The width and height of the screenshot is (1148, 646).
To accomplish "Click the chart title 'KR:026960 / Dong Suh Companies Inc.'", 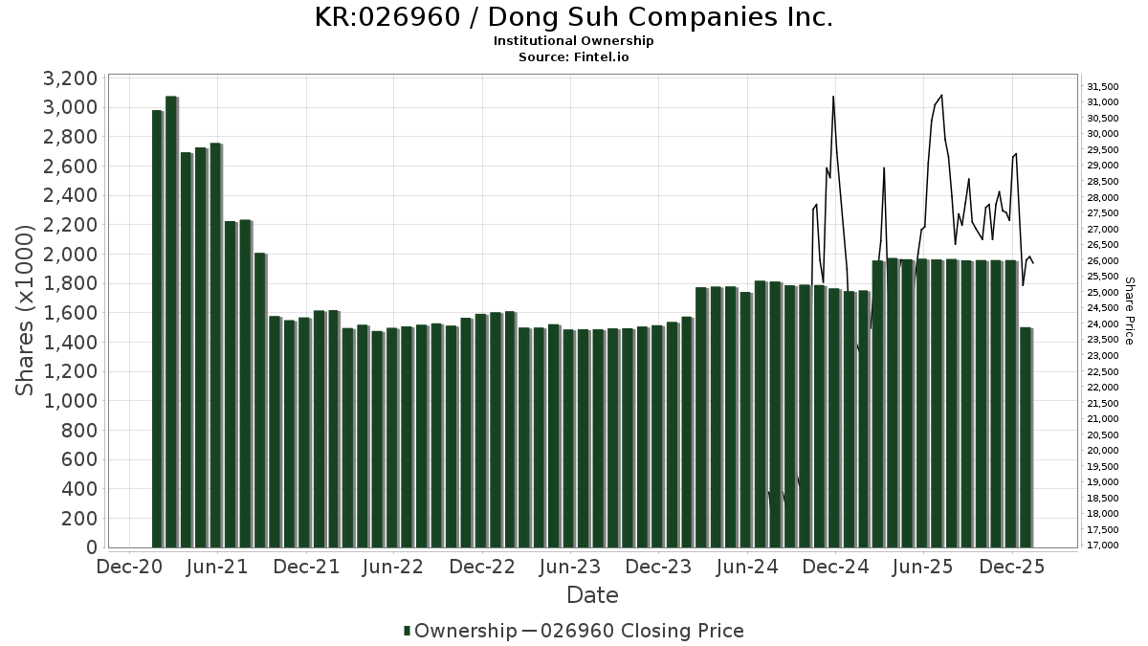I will pyautogui.click(x=573, y=17).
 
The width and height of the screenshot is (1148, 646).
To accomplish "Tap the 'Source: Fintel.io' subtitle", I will pyautogui.click(x=573, y=57).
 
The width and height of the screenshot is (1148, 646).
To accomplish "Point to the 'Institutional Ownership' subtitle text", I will pyautogui.click(x=573, y=41).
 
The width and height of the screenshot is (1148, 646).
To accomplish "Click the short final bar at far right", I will pyautogui.click(x=1026, y=436).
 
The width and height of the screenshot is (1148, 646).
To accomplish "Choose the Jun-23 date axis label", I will pyautogui.click(x=571, y=568).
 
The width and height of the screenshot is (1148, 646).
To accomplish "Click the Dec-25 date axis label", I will pyautogui.click(x=1012, y=568).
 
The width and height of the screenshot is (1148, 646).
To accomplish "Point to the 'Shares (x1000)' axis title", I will pyautogui.click(x=26, y=311).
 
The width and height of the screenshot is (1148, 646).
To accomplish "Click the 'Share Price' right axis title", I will pyautogui.click(x=1129, y=311).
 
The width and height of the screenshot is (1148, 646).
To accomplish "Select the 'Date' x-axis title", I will pyautogui.click(x=592, y=595).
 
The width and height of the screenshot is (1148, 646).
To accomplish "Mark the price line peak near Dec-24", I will pyautogui.click(x=833, y=97).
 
